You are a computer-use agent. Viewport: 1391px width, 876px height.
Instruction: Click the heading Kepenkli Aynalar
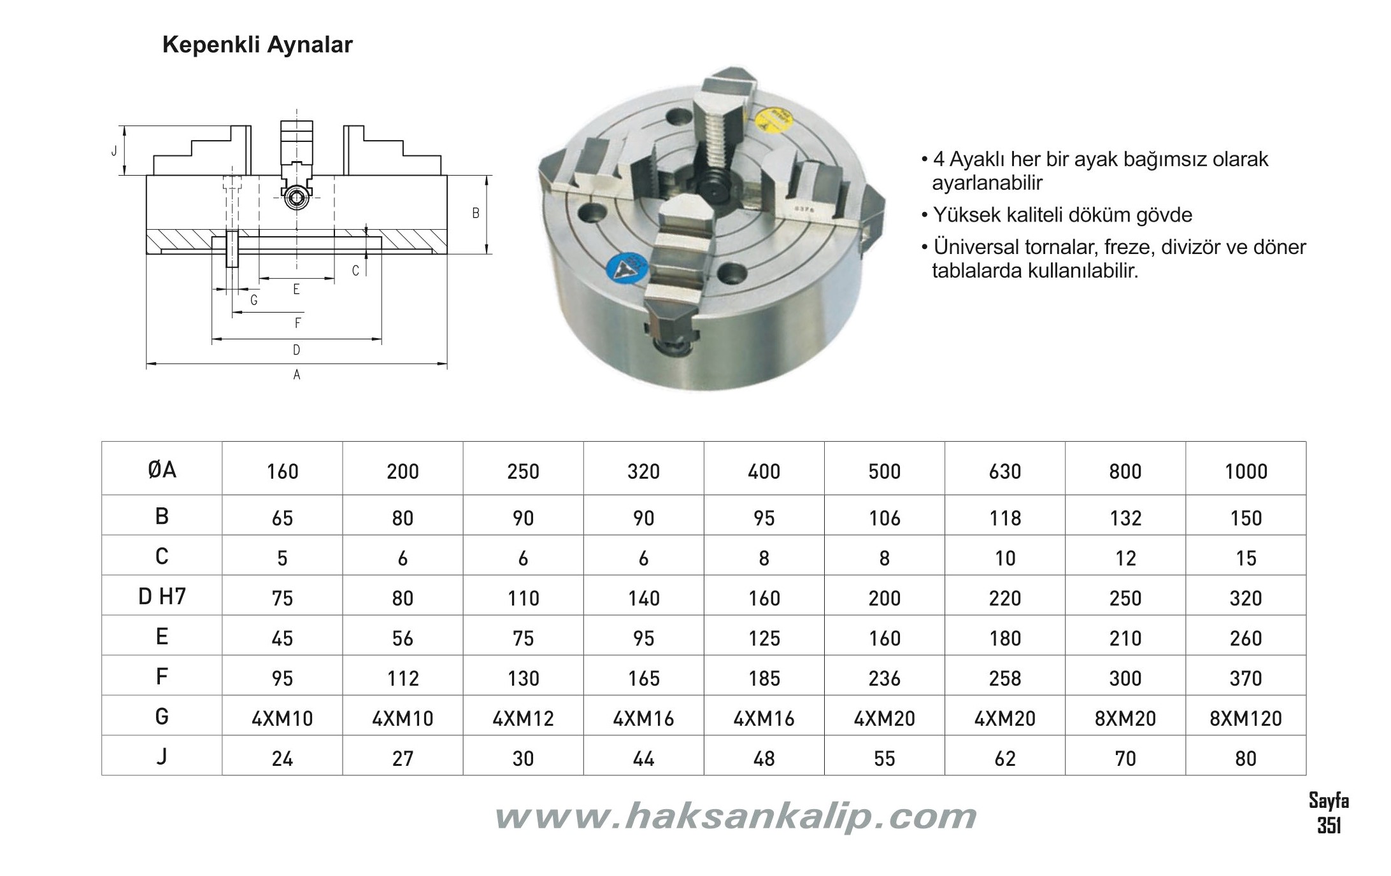(x=257, y=45)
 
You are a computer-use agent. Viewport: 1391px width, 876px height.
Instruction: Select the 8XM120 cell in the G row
(x=1245, y=718)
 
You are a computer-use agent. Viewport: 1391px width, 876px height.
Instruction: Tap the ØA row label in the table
(x=162, y=470)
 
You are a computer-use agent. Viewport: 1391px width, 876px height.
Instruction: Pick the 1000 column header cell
(x=1245, y=471)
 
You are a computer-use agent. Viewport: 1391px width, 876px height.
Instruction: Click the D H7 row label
(x=162, y=597)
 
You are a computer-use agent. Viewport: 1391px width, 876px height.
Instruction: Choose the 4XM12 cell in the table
(x=523, y=718)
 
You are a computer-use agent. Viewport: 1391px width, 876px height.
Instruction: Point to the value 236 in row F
(x=884, y=678)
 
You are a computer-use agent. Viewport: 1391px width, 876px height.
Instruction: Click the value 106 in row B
(x=884, y=518)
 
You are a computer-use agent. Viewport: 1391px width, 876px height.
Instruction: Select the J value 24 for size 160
(x=282, y=758)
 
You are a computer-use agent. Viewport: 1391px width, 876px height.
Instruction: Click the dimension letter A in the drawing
(x=297, y=375)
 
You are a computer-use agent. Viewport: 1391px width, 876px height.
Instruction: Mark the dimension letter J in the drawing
(x=114, y=151)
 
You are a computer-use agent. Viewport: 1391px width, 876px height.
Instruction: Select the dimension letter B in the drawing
(x=475, y=214)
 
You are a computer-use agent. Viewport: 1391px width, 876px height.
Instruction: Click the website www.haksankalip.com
(x=735, y=816)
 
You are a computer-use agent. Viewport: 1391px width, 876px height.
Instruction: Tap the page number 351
(x=1329, y=826)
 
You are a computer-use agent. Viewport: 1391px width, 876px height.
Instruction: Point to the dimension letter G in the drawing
(x=253, y=300)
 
